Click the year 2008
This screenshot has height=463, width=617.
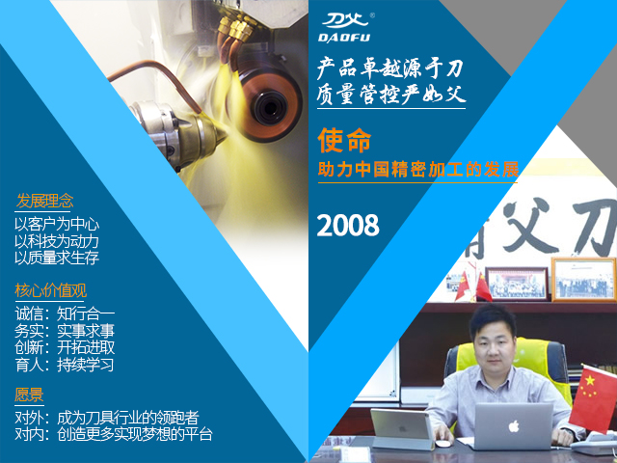coord(348,225)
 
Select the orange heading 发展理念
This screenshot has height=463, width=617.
coord(44,202)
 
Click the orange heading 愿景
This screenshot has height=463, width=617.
coord(29,394)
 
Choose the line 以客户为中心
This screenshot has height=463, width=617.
coord(57,224)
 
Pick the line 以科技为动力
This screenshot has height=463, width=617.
coord(57,241)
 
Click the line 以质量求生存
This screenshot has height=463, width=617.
coord(57,258)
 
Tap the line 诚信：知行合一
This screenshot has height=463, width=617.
coord(65,313)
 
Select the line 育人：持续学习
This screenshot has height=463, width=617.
coord(65,366)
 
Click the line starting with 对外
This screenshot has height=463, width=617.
coord(106,418)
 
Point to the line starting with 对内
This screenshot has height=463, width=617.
coord(113,434)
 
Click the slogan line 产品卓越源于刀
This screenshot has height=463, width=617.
coord(390,69)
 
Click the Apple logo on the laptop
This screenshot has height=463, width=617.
coord(514,424)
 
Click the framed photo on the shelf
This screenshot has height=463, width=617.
coord(516,283)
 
